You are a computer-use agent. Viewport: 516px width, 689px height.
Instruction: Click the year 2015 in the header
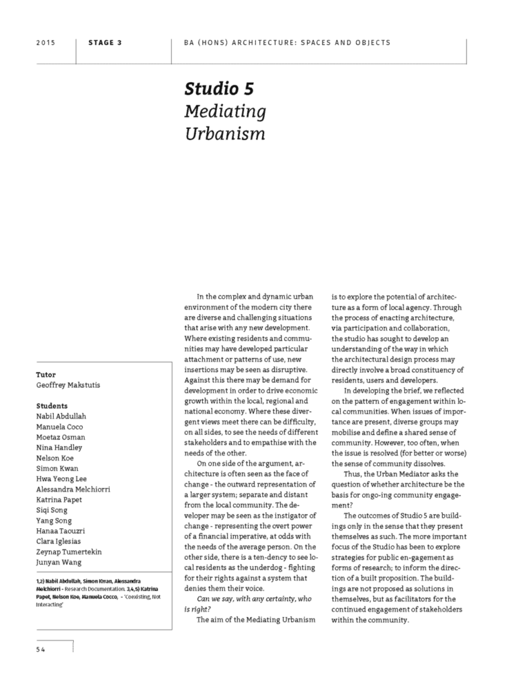45,42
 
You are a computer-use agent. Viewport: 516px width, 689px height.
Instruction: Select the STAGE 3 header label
105,42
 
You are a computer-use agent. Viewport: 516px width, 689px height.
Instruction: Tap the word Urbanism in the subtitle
224,133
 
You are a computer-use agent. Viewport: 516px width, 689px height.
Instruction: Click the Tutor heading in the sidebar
46,374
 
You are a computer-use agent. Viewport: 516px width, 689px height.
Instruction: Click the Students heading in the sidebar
52,406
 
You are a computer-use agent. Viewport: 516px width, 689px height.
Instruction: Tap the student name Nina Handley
59,447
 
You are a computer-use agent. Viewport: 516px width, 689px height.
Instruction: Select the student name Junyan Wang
60,562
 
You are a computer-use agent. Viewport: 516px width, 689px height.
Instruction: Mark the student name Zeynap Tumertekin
69,552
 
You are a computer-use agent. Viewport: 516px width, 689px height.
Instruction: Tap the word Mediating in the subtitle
225,111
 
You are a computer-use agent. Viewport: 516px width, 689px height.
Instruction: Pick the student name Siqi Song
54,510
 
